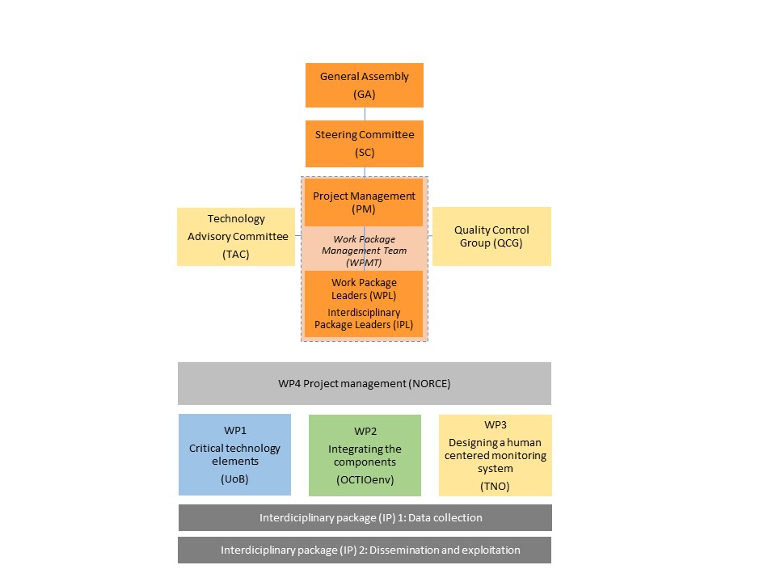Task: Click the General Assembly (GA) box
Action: click(x=364, y=85)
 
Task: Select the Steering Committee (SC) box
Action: click(x=364, y=143)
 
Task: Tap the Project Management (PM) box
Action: click(x=364, y=203)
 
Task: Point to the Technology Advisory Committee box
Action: click(x=236, y=236)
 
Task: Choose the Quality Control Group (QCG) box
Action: click(x=491, y=236)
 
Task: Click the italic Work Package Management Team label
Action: click(x=364, y=250)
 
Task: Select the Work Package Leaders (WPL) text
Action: click(x=364, y=289)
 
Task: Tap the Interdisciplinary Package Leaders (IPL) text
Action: click(x=364, y=318)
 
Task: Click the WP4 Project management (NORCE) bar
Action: click(x=364, y=383)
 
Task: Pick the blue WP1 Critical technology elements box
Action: click(x=234, y=454)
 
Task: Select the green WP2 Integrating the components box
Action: click(x=365, y=455)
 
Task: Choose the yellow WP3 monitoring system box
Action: click(x=495, y=455)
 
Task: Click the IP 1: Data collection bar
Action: click(x=364, y=517)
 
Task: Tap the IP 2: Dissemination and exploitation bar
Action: click(x=364, y=550)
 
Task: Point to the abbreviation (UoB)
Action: click(x=234, y=479)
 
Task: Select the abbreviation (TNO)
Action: click(x=495, y=486)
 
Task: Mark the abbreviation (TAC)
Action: click(x=236, y=254)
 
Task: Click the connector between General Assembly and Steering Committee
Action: click(x=365, y=114)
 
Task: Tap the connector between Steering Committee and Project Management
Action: click(x=365, y=172)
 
